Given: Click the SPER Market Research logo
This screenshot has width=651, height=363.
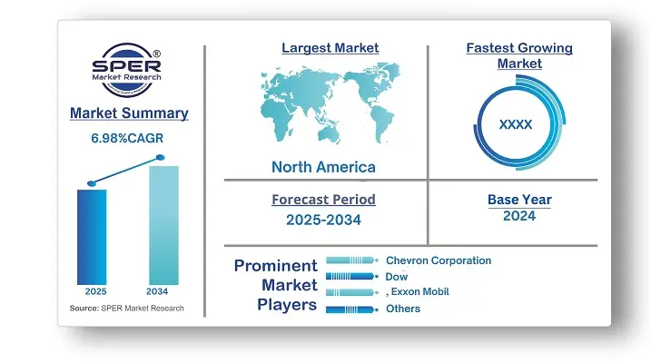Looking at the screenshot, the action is (126, 70).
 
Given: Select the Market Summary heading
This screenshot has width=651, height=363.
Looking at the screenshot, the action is (129, 113).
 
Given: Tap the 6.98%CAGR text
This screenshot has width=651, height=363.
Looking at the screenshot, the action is (127, 138).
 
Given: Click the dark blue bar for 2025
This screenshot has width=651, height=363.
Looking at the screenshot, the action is (92, 237).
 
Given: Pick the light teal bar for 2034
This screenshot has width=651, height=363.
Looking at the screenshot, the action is (163, 225).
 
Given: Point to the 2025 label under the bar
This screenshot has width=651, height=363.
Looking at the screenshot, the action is (95, 291).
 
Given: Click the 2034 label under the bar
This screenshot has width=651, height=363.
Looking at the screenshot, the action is (157, 291).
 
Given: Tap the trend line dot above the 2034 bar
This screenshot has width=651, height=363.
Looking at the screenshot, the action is (161, 158).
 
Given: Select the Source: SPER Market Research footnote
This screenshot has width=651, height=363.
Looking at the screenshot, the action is (126, 309).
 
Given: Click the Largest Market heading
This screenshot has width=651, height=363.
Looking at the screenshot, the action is (330, 48).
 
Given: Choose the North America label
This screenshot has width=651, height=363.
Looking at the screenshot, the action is (323, 167).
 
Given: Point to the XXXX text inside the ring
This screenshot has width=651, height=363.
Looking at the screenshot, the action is (515, 124).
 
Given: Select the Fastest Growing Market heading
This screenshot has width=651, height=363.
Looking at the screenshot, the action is (519, 55).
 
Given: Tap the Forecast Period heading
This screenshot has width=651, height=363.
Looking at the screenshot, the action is (323, 200).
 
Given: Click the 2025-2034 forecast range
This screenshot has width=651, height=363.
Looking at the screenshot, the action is (323, 220).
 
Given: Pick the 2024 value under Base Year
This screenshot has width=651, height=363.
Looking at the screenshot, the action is (519, 216).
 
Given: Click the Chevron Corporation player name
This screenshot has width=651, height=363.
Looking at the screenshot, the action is (439, 260).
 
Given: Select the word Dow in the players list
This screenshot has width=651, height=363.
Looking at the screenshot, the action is (397, 277).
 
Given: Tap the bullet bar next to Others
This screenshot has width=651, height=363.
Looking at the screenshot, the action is (352, 309).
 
